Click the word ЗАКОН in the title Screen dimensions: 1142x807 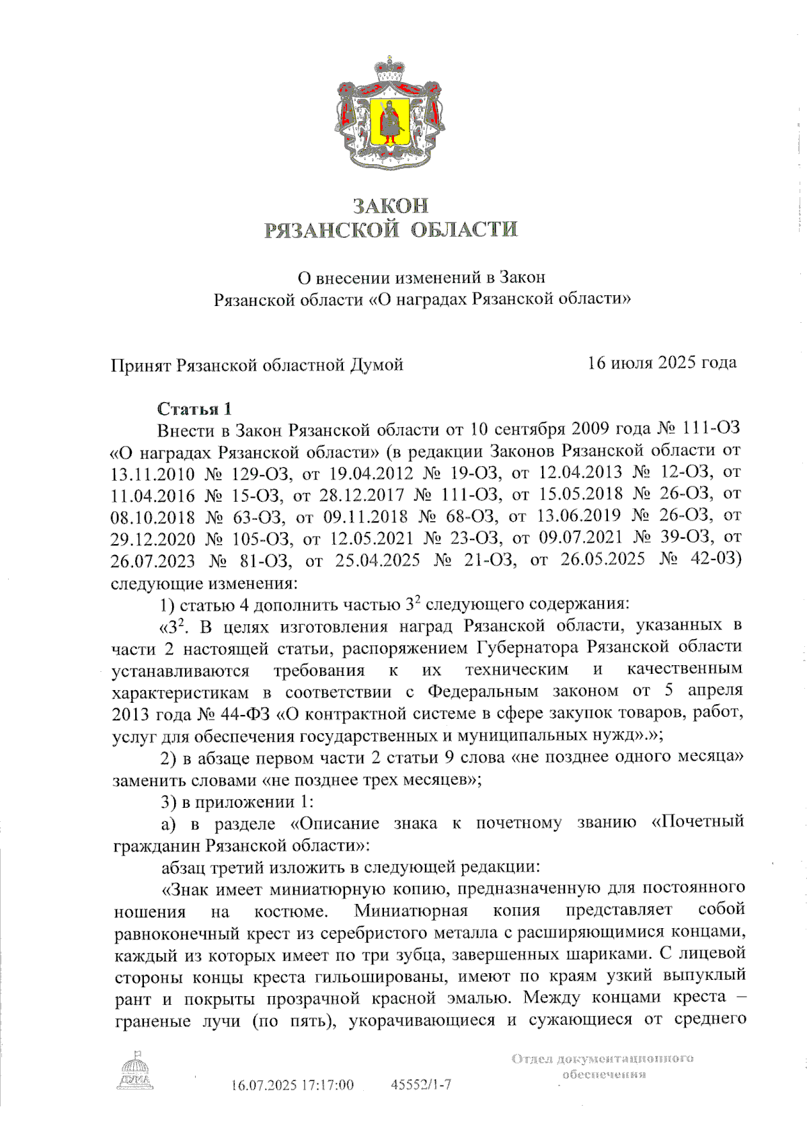click(x=391, y=205)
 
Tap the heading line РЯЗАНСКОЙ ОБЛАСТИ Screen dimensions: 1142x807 click(x=391, y=230)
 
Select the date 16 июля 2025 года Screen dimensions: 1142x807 click(x=662, y=363)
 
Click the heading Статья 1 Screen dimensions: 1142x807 click(x=194, y=409)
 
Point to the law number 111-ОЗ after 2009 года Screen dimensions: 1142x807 click(x=711, y=429)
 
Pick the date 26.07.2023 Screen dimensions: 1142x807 click(x=153, y=560)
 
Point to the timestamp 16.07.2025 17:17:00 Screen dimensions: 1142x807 click(x=292, y=1085)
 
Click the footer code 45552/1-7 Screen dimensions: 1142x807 click(x=421, y=1085)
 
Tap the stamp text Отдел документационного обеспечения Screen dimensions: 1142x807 click(x=603, y=1067)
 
